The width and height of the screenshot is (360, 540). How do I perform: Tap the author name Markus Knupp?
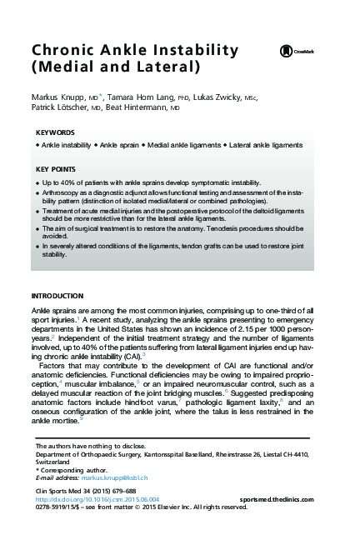54,97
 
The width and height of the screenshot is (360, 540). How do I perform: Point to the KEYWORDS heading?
56,132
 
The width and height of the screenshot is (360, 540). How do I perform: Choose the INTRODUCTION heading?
57,296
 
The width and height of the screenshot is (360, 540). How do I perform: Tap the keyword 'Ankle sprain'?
121,145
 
